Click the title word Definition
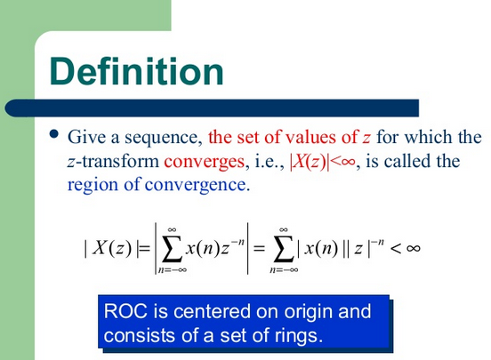pyautogui.click(x=135, y=70)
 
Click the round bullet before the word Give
pyautogui.click(x=54, y=135)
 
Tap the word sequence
pyautogui.click(x=167, y=139)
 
